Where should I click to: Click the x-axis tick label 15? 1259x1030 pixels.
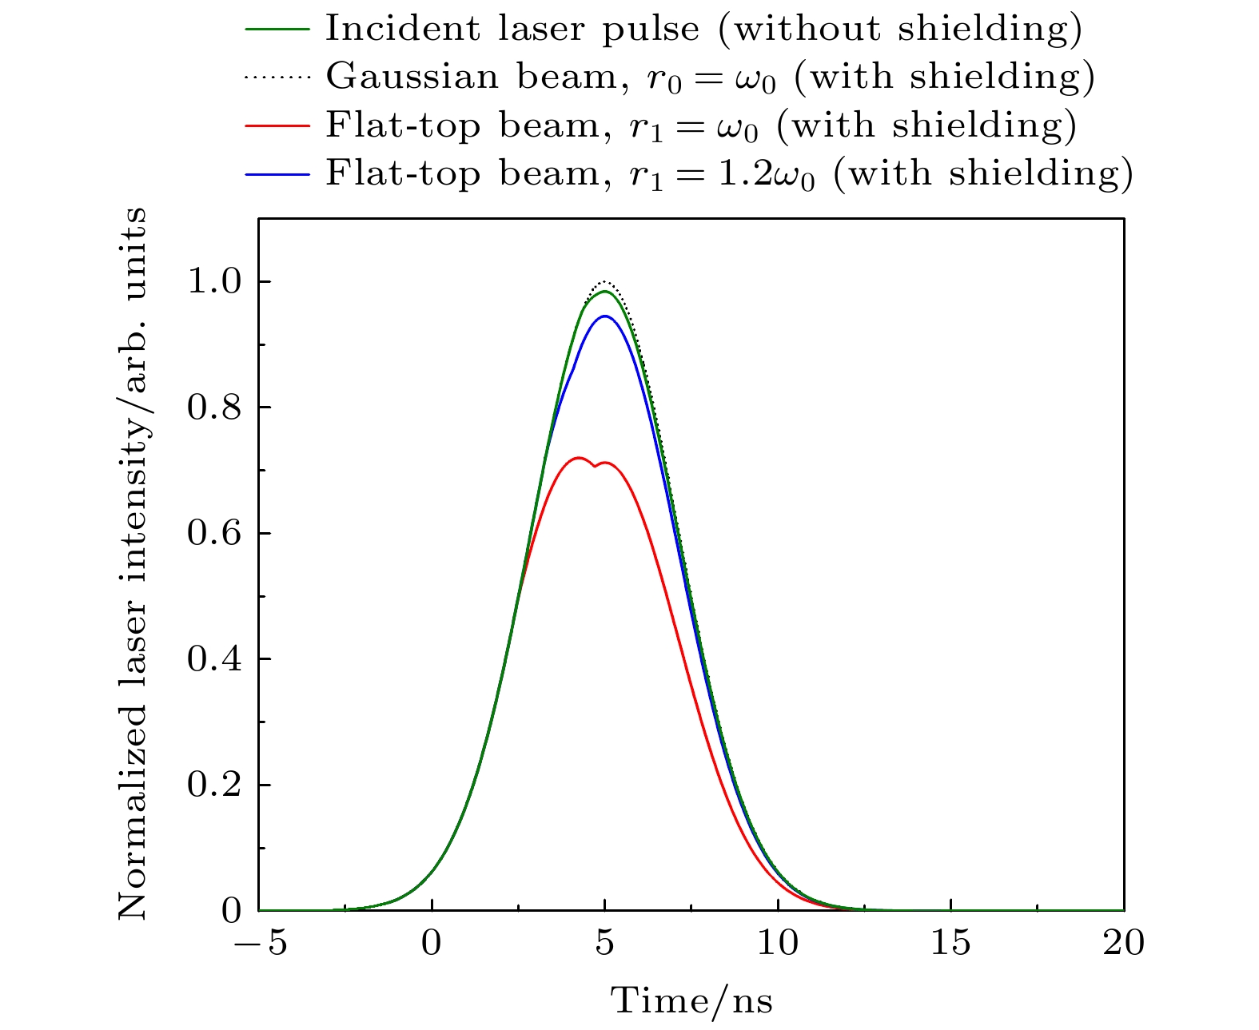click(950, 944)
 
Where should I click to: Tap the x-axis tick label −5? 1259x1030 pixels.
click(260, 944)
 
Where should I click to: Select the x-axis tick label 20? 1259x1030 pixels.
click(1123, 944)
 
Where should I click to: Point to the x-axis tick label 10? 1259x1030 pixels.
click(778, 944)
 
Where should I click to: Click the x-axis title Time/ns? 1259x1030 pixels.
click(691, 1000)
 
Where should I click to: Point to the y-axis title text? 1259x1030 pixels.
click(133, 563)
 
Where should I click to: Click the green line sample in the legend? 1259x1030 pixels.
click(277, 30)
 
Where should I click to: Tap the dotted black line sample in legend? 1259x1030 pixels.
click(277, 78)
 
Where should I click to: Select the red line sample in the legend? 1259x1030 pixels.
click(277, 125)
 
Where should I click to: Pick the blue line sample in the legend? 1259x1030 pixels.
click(277, 173)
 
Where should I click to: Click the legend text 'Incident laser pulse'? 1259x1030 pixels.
click(512, 30)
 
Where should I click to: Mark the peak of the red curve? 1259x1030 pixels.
click(578, 458)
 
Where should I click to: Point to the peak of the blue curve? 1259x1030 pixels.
click(605, 316)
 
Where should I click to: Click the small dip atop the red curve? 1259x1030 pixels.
click(595, 466)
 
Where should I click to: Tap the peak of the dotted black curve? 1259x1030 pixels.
click(605, 281)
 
